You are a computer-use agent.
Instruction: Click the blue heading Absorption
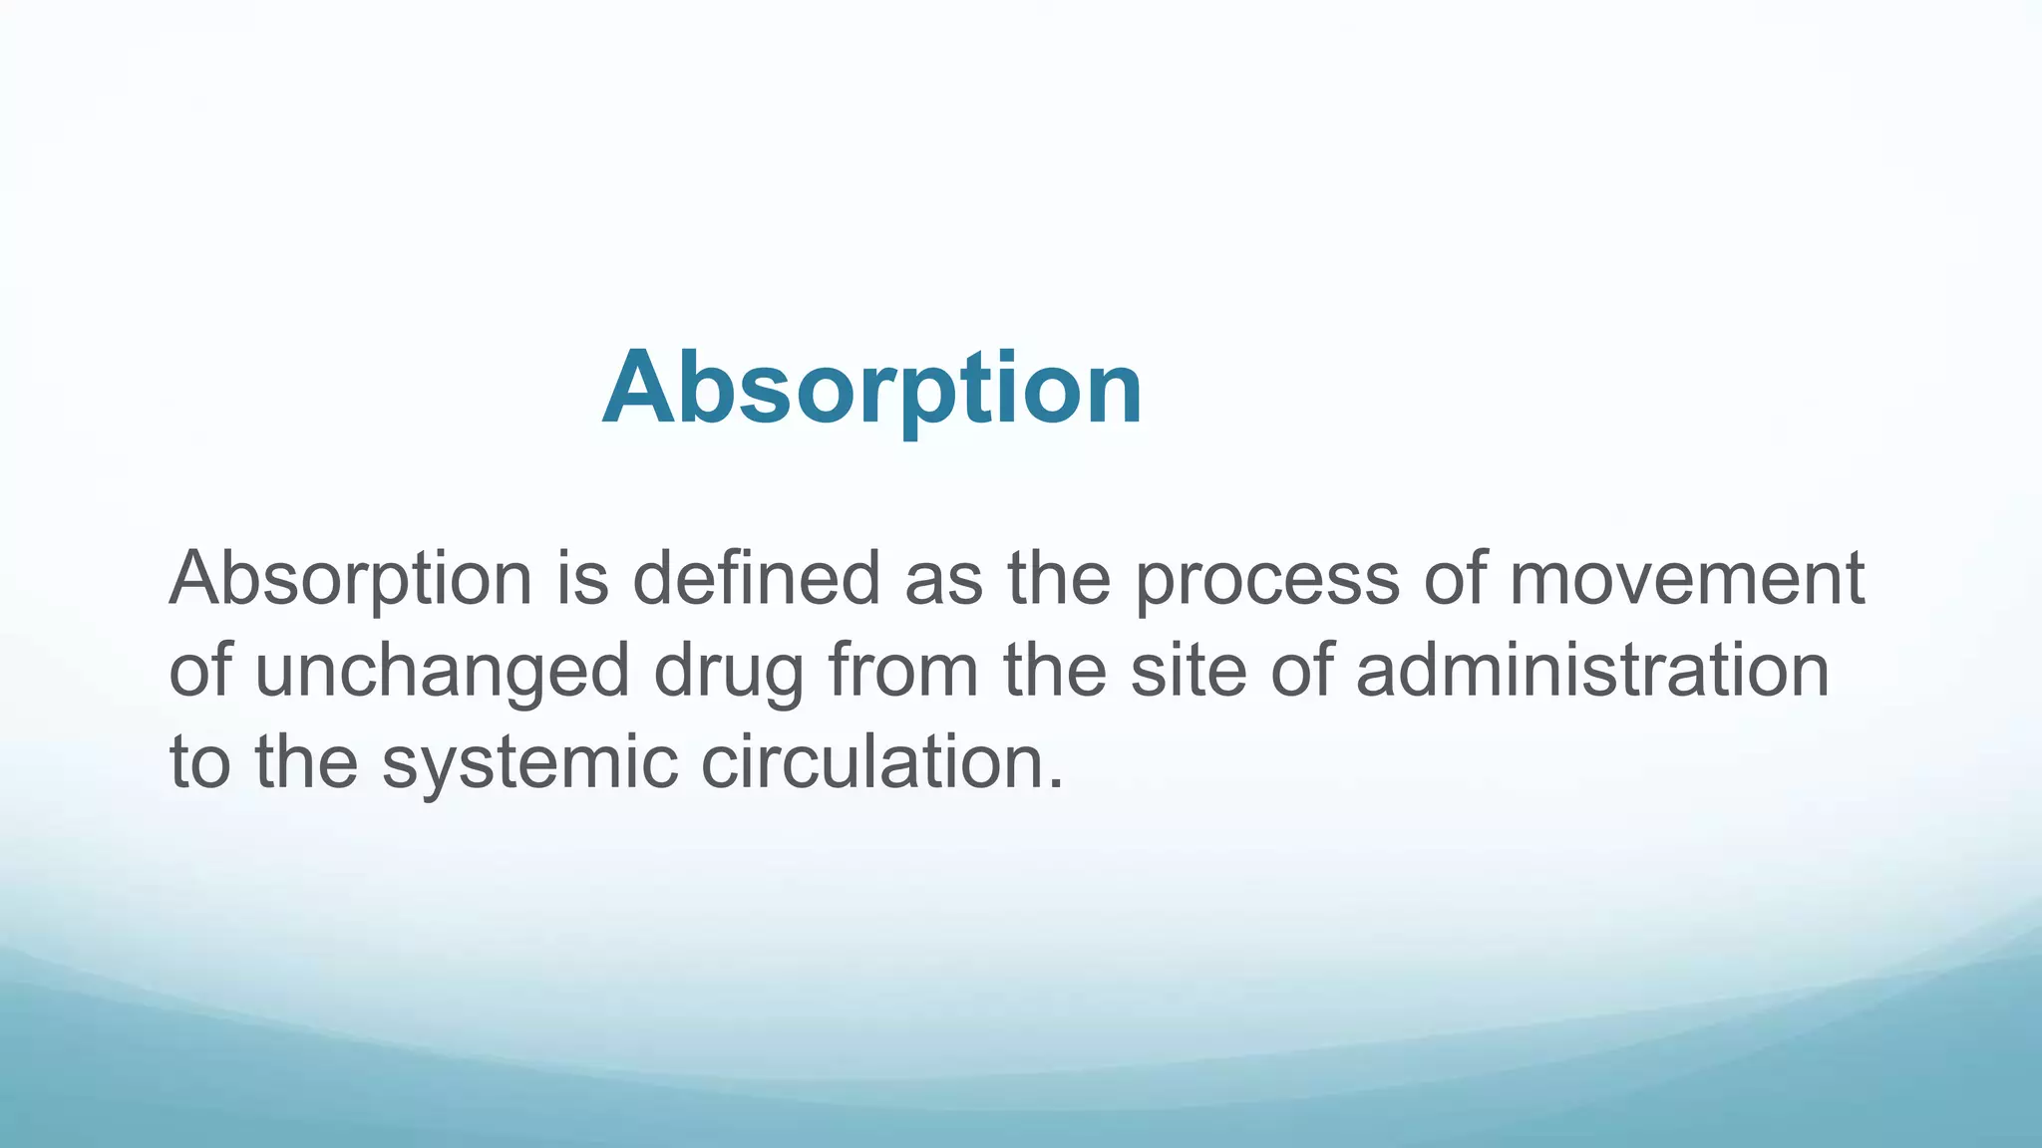[872, 389]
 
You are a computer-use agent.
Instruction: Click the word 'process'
[1267, 580]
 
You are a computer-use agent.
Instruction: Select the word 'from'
[903, 670]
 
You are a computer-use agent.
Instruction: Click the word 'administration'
[1592, 670]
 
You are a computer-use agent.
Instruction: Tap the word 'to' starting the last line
[199, 763]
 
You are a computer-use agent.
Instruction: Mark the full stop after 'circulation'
[1057, 783]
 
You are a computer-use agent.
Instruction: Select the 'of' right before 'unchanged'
[199, 670]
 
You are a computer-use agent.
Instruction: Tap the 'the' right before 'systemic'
[306, 761]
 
